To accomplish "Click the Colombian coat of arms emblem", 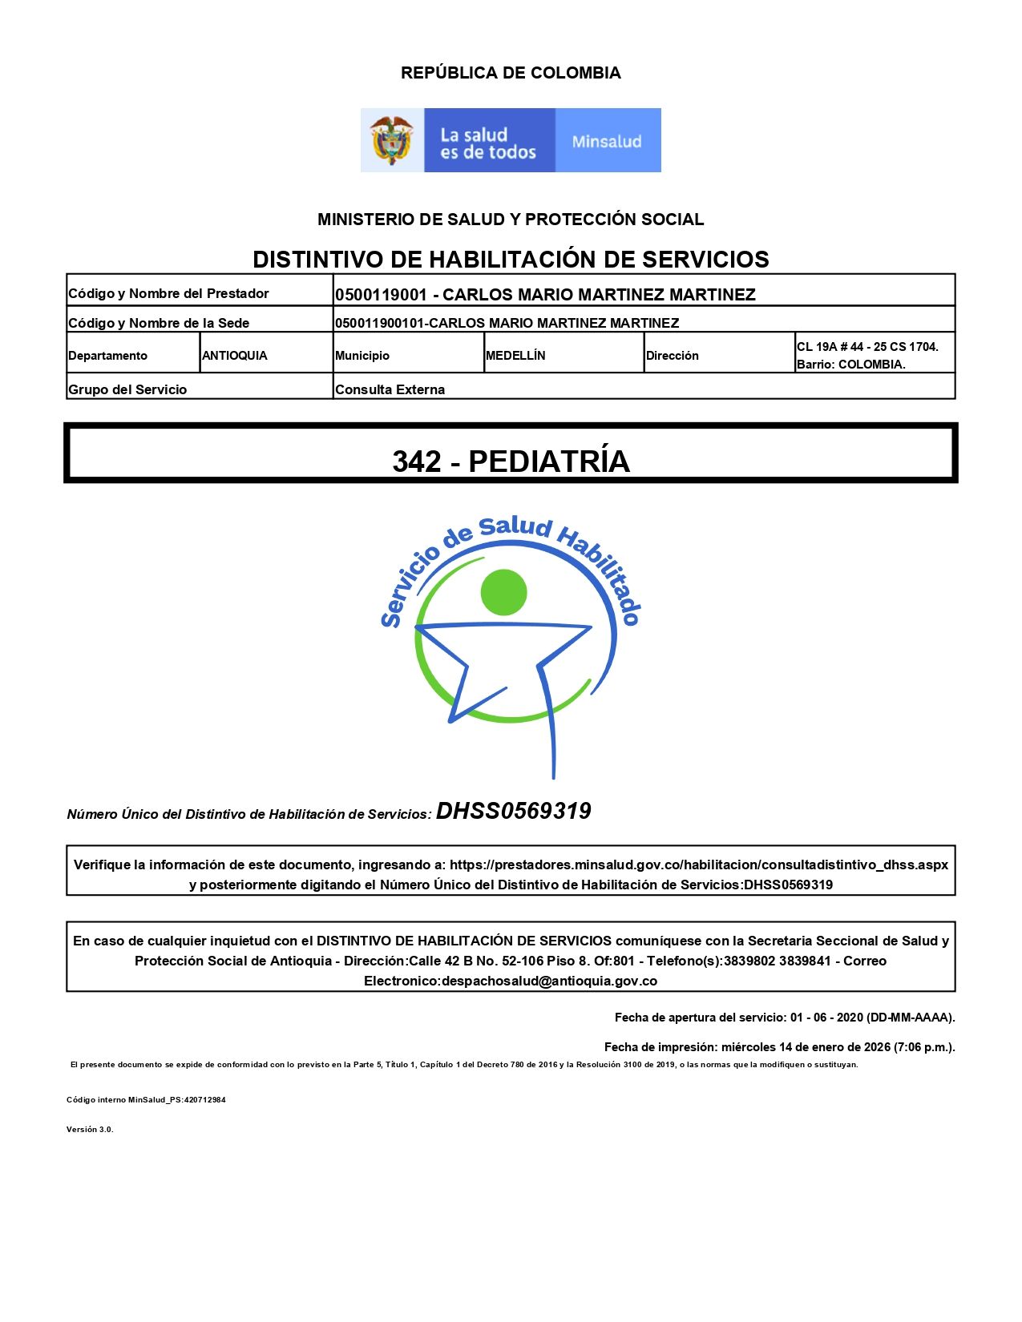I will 391,140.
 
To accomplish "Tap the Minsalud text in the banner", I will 607,142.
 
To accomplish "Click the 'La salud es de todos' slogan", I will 487,143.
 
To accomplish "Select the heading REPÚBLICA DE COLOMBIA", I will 511,73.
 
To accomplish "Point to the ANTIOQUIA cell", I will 235,356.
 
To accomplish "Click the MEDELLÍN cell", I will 515,356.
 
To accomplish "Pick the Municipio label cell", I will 362,356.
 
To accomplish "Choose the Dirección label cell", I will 673,356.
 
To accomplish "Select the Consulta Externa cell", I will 390,389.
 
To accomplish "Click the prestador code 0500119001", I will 381,295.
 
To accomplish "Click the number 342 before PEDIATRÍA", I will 416,461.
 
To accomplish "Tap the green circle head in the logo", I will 503,593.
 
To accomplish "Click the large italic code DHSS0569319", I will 513,811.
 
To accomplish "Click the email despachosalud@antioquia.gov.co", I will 549,981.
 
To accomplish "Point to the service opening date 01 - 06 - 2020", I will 826,1018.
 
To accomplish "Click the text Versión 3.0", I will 90,1130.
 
